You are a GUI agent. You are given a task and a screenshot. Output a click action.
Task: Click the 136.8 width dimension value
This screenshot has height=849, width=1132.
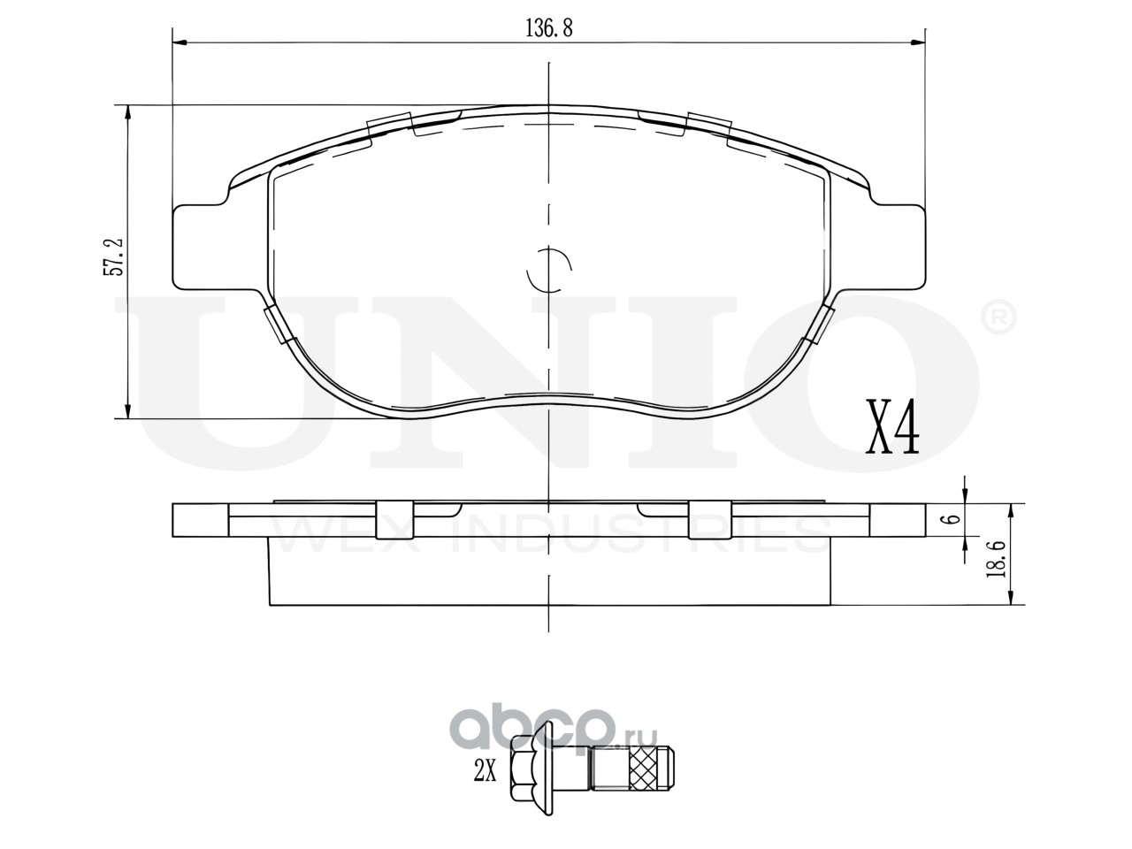point(548,28)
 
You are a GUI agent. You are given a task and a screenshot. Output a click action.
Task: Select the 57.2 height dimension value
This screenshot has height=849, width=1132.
point(114,256)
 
